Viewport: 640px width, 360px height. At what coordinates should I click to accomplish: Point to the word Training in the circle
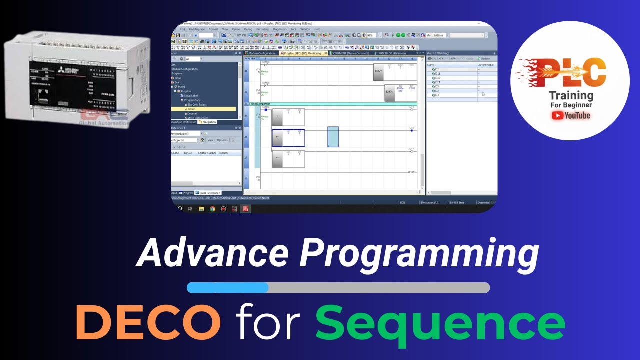(571, 95)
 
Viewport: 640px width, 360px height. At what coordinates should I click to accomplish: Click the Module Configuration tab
(261, 53)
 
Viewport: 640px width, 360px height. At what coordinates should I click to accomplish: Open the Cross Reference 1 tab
(209, 193)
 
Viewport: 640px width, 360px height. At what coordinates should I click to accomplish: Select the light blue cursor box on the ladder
(333, 137)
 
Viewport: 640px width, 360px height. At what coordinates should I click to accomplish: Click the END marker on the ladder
(412, 172)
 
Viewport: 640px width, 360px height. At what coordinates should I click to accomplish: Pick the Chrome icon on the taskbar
(212, 209)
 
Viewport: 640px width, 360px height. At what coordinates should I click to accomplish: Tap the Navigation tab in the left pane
(208, 122)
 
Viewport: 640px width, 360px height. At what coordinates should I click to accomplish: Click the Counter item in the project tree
(192, 113)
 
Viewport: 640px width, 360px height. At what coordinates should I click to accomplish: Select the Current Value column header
(485, 65)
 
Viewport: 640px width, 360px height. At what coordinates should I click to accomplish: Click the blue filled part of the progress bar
(228, 287)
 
